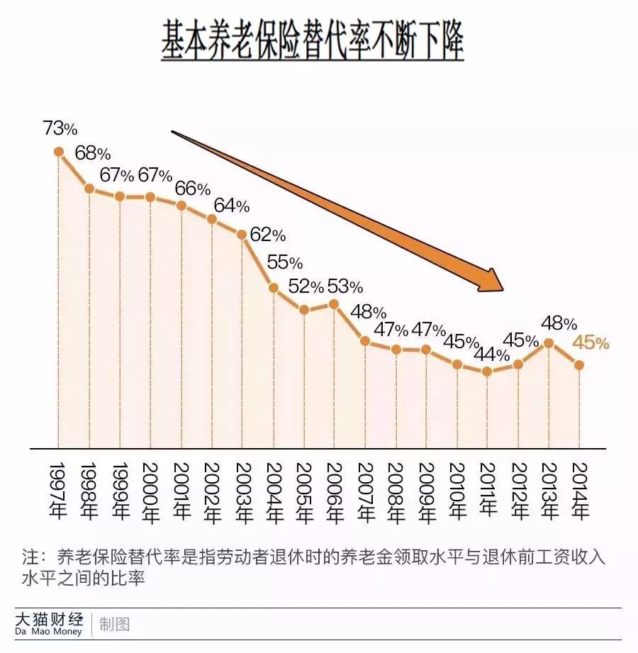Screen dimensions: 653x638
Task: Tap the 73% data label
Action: (60, 128)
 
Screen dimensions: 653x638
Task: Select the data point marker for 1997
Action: (59, 151)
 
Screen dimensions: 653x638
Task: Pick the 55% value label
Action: (284, 262)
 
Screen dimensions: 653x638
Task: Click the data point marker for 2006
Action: (334, 304)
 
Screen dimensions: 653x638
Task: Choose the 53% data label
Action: (345, 286)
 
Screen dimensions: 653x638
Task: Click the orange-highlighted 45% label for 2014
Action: (591, 342)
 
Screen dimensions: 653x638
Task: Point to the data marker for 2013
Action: (548, 342)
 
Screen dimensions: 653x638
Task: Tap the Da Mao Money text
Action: (48, 631)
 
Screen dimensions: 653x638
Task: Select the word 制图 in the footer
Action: (114, 624)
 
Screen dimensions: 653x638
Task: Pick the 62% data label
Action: (268, 235)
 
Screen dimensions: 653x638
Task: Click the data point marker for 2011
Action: (487, 371)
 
